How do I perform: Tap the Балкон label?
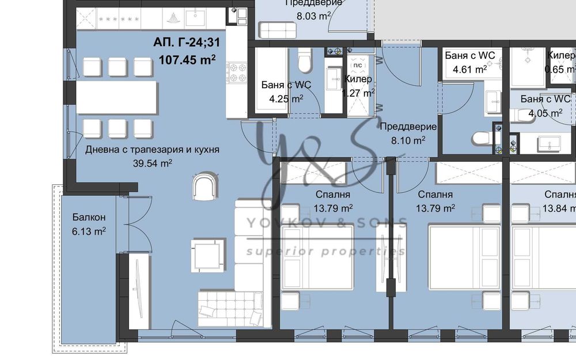click(89, 218)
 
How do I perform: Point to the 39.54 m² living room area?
click(153, 163)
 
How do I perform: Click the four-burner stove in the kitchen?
click(236, 73)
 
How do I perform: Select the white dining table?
click(117, 97)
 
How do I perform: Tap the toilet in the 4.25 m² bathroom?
click(305, 57)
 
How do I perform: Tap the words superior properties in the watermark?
click(326, 251)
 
